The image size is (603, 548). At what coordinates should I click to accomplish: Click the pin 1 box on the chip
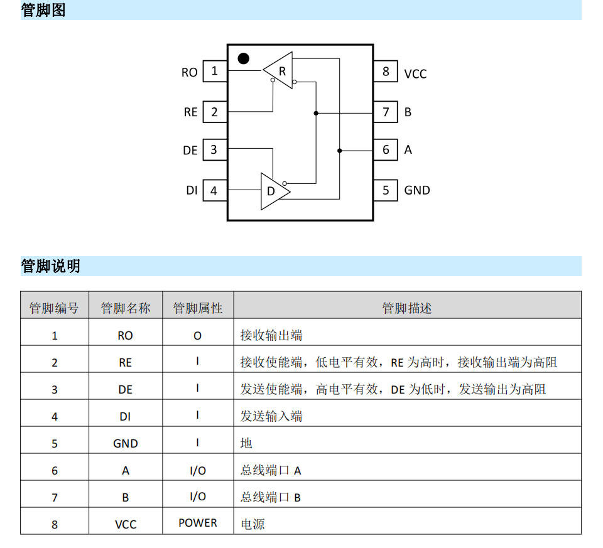coord(215,71)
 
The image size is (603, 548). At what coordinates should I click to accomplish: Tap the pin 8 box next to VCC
coord(386,71)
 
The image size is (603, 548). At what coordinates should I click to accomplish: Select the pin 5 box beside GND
coord(386,190)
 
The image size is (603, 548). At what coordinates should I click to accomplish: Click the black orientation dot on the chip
coord(244,58)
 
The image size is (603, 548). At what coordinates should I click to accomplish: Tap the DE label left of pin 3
coord(190,150)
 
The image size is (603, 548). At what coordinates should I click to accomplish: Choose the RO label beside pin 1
coord(189,72)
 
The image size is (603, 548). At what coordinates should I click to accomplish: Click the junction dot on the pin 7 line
coord(316,114)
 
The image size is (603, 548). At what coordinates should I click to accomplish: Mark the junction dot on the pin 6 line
coord(340,151)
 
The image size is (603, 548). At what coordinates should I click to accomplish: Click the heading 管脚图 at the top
coord(43,10)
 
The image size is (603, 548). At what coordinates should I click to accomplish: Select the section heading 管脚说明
coord(50,266)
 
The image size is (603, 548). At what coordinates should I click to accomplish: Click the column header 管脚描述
coord(407,308)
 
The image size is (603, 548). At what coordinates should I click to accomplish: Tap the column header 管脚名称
coord(126,308)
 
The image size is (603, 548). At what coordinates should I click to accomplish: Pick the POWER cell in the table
coord(198,523)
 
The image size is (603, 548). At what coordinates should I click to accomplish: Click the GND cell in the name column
coord(126,443)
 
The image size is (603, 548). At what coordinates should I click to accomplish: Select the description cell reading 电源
coord(253,524)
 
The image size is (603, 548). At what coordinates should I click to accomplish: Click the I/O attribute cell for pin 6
coord(198,470)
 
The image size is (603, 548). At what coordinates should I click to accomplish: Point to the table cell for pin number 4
coord(55,417)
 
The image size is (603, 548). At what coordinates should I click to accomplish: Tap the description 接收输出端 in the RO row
coord(271,335)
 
